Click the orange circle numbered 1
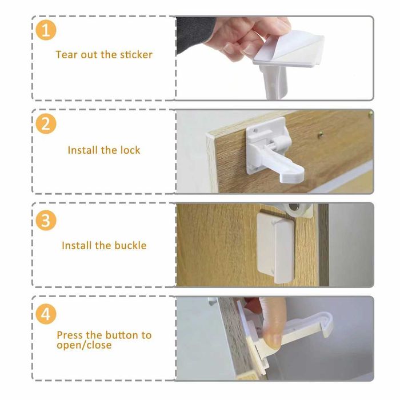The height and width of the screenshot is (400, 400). pos(46,30)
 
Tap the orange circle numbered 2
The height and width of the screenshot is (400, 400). pos(46,124)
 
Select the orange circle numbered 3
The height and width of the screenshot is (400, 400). pos(46,220)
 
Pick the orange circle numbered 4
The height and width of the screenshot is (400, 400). pos(46,314)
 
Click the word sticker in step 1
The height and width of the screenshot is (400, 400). pos(136,55)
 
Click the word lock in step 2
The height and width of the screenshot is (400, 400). pos(130,150)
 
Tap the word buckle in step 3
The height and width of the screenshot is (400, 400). pos(130,245)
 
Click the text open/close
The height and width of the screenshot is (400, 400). pos(84,345)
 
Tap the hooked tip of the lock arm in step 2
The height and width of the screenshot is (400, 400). pos(293,177)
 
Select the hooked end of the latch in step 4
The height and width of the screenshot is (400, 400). pos(327,325)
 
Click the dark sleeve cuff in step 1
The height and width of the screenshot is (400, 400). pos(195,34)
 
